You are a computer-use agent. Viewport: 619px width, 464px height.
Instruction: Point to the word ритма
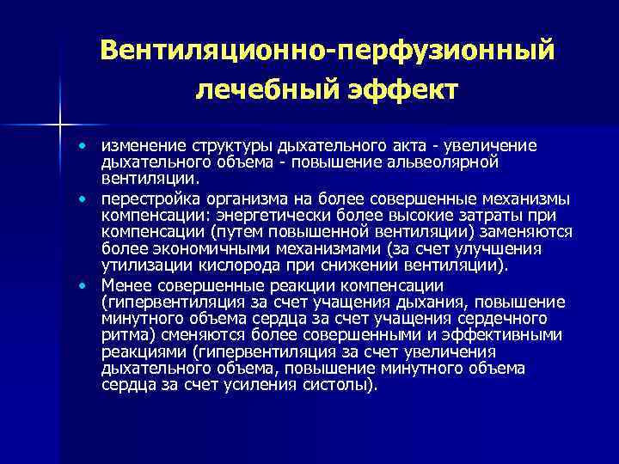coord(123,335)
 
